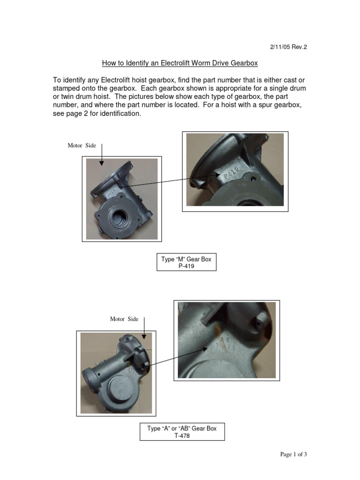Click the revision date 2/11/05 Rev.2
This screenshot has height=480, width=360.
coord(288,47)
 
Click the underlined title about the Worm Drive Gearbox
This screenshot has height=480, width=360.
coord(180,63)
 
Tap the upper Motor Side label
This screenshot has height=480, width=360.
coord(82,145)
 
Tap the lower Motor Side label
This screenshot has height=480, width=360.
coord(124,319)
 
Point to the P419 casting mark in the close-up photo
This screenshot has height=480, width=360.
coord(232,173)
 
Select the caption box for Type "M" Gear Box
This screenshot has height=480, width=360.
coord(186,262)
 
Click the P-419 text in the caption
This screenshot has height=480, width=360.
coord(186,266)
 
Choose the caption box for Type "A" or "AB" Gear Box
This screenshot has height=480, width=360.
coord(182,432)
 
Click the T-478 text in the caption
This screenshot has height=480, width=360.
coord(182,435)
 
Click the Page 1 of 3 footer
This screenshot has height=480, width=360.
coord(293,454)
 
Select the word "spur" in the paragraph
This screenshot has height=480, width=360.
coord(258,105)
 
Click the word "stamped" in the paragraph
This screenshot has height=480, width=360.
coord(67,89)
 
